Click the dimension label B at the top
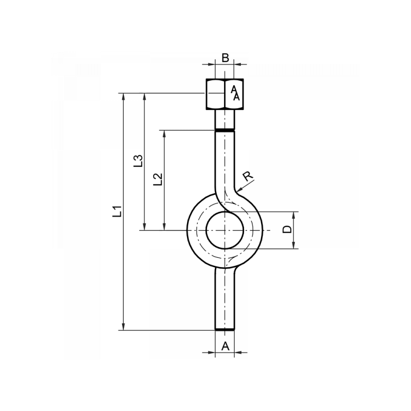pos(225,58)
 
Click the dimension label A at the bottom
pos(225,346)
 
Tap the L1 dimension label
pos(118,211)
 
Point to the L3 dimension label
pos(138,161)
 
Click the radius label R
pos(248,176)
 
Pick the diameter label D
pos(287,229)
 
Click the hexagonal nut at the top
pos(225,94)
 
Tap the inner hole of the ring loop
pos(225,230)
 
